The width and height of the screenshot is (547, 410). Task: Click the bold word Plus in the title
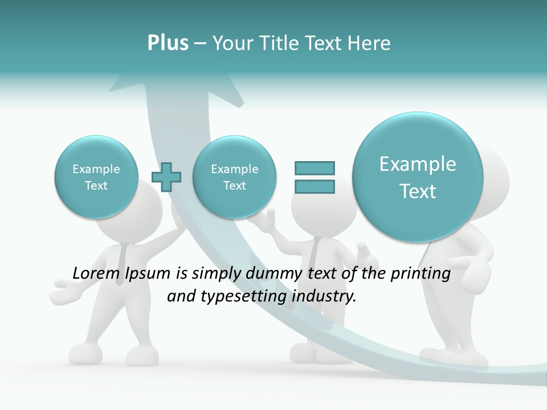168,43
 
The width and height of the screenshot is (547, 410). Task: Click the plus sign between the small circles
166,177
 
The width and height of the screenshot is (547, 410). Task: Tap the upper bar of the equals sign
315,168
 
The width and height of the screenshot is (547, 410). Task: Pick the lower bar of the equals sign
315,186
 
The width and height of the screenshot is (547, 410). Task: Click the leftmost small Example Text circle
96,177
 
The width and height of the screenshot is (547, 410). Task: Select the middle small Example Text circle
234,177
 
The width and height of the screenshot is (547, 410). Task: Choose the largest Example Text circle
418,177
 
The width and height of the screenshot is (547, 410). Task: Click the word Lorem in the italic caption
93,273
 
